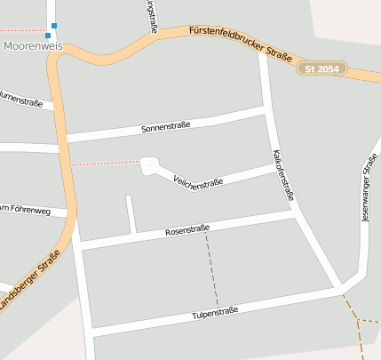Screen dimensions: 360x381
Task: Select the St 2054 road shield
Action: click(x=321, y=68)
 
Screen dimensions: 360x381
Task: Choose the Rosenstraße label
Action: click(x=187, y=231)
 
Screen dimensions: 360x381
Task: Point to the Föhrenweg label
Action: click(x=25, y=211)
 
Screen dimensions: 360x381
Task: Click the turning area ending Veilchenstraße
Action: click(x=148, y=165)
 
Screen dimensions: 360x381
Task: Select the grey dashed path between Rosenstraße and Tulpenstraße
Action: click(x=212, y=267)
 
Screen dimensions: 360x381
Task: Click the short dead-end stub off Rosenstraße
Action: click(x=131, y=213)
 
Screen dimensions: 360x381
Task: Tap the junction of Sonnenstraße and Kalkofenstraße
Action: click(x=266, y=109)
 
